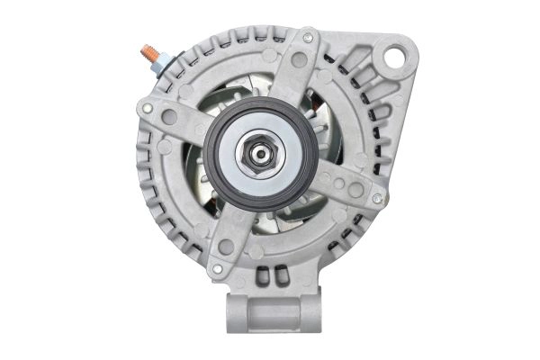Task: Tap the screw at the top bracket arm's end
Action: pyautogui.click(x=308, y=39)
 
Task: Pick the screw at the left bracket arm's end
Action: pyautogui.click(x=147, y=108)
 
